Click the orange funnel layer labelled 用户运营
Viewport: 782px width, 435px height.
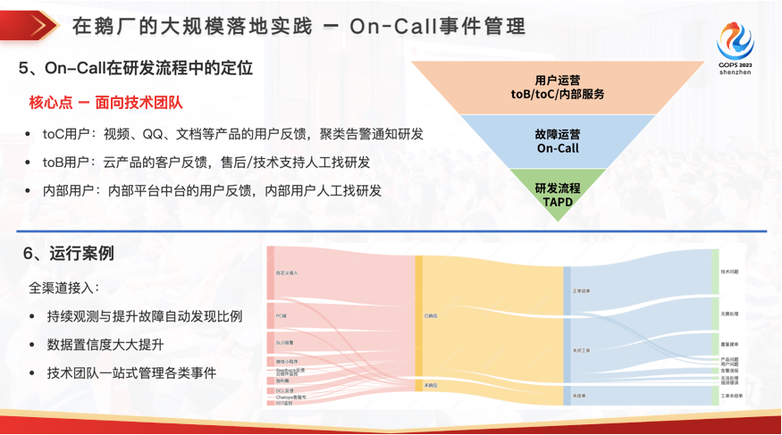pos(558,87)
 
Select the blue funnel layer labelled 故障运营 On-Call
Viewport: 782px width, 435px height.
pos(558,141)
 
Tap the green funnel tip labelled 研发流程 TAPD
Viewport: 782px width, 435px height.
pos(558,195)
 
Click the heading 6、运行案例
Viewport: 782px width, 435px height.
pos(68,254)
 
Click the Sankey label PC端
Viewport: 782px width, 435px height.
pos(281,315)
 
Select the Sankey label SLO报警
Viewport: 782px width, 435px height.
pos(285,342)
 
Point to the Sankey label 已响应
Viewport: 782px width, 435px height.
pos(431,316)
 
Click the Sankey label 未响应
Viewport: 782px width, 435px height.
pos(431,385)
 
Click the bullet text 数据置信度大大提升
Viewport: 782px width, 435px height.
pos(105,345)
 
